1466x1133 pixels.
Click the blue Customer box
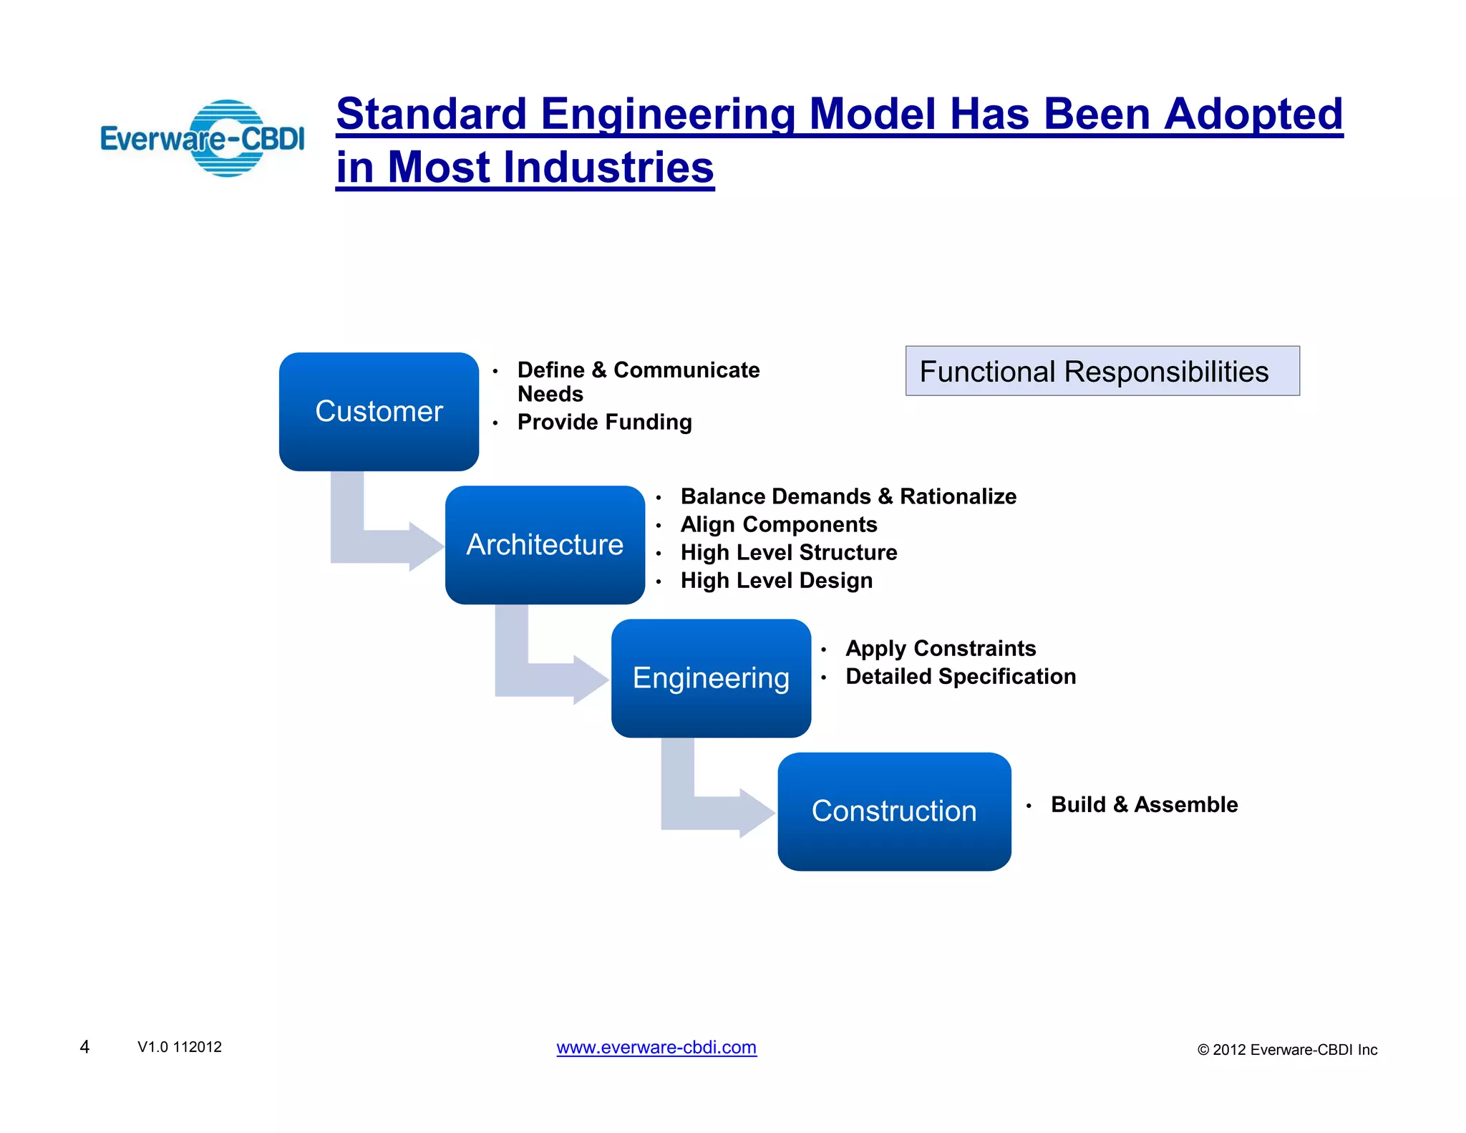click(379, 411)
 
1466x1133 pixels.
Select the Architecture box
click(545, 544)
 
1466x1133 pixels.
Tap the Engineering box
click(711, 678)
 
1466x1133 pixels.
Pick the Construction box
click(894, 811)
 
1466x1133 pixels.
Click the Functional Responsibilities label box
click(1102, 371)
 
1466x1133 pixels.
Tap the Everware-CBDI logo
click(203, 138)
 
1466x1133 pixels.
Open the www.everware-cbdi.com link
click(656, 1047)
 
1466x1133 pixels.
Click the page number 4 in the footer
click(84, 1047)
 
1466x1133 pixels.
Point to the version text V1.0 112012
click(180, 1047)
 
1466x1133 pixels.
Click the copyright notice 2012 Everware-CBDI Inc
click(1287, 1050)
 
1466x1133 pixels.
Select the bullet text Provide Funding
click(604, 422)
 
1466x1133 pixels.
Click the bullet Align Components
click(778, 524)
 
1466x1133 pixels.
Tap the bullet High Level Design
click(776, 580)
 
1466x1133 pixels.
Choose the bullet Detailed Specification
click(960, 676)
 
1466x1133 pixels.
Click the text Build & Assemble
click(1144, 804)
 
